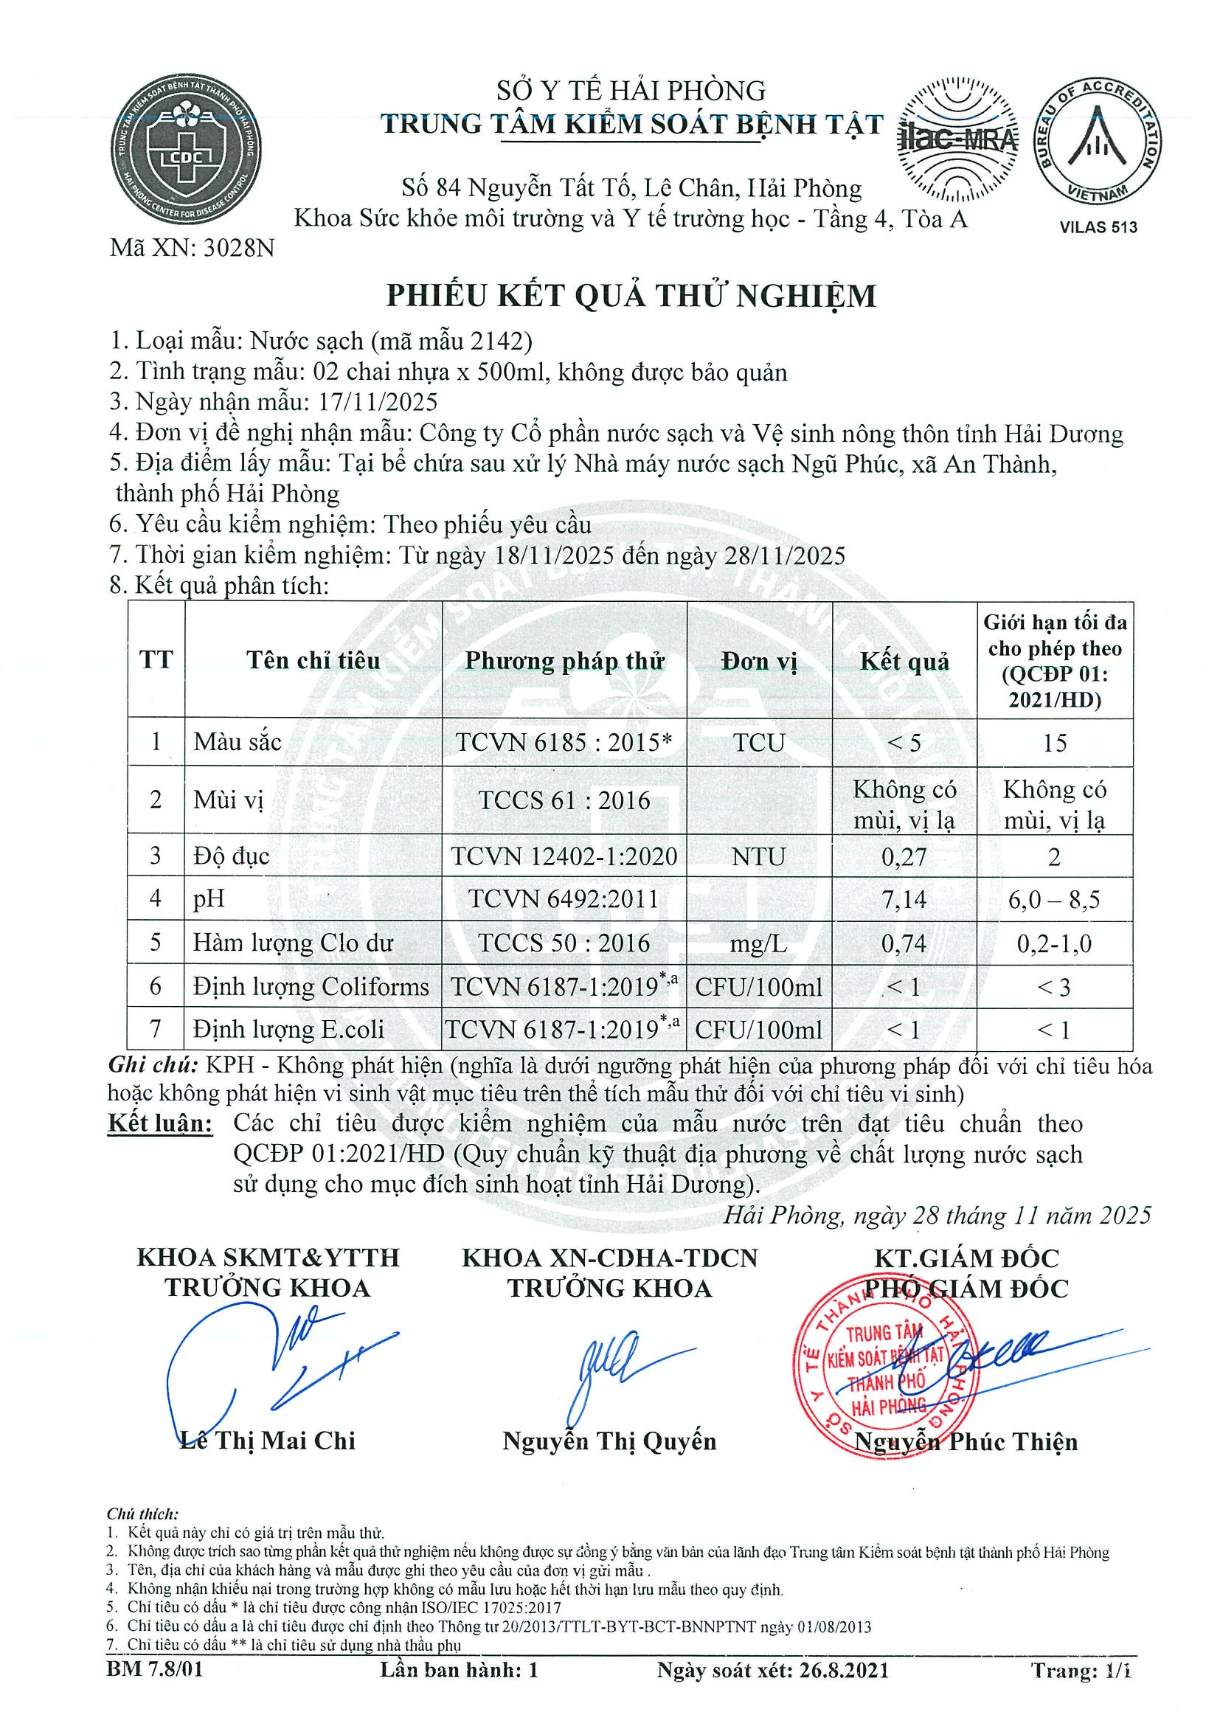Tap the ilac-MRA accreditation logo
click(x=957, y=141)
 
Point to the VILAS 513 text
click(x=1098, y=227)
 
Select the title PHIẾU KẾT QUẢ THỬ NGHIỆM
click(x=631, y=296)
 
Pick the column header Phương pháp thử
click(x=564, y=661)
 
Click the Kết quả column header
click(x=904, y=662)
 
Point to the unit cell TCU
click(x=758, y=743)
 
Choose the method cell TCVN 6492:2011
click(x=564, y=899)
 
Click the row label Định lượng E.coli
click(x=288, y=1030)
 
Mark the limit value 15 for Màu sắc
click(x=1054, y=743)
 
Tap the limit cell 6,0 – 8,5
click(x=1054, y=899)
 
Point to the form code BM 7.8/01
click(x=155, y=1692)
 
